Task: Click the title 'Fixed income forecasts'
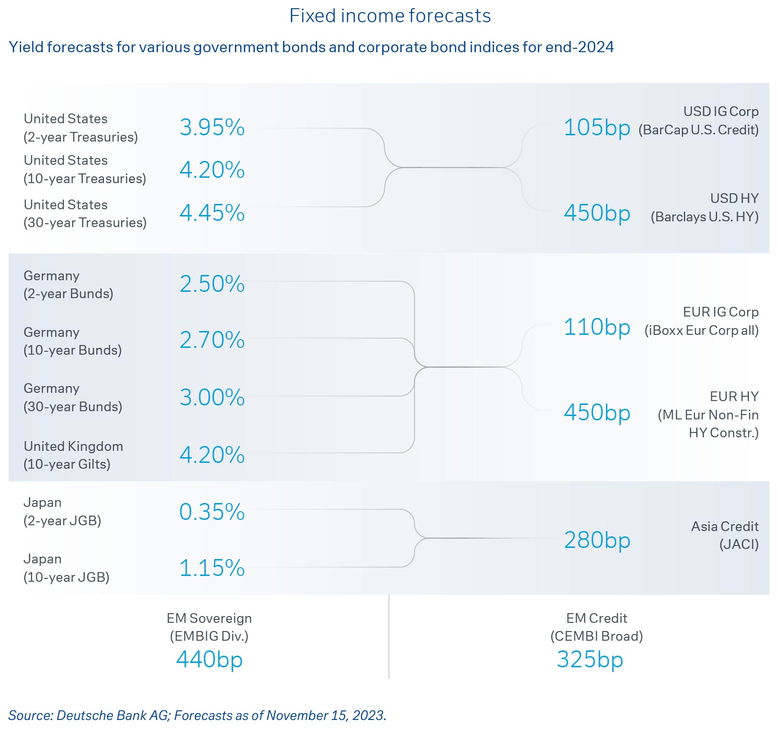click(x=390, y=16)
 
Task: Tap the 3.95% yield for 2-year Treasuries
click(x=212, y=128)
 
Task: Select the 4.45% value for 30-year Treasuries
click(x=212, y=213)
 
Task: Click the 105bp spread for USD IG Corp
click(x=597, y=128)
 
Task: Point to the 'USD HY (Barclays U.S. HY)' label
click(x=705, y=208)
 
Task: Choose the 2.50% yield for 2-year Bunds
click(x=212, y=284)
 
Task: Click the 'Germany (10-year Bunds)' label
click(x=73, y=341)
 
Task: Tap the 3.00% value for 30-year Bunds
click(x=212, y=398)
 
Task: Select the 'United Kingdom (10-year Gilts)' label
click(x=73, y=455)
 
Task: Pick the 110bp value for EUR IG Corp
click(x=597, y=327)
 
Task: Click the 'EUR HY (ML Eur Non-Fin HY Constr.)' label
click(x=708, y=415)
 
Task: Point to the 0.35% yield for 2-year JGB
click(x=212, y=512)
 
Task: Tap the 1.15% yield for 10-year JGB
click(x=212, y=568)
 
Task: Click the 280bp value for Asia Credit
click(x=597, y=540)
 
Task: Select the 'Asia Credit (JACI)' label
click(x=724, y=535)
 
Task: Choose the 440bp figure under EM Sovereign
click(x=209, y=660)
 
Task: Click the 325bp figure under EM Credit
click(x=590, y=660)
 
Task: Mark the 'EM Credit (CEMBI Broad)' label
click(x=596, y=627)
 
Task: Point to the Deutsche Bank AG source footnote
click(x=197, y=716)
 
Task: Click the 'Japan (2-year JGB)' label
click(x=62, y=512)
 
